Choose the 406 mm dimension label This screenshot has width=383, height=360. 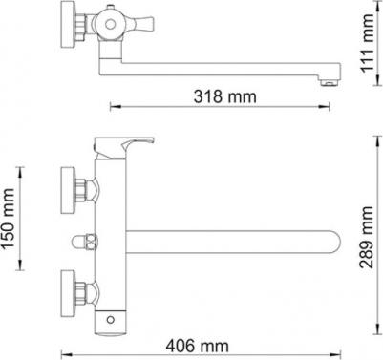197,344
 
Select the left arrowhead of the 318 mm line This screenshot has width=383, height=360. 113,105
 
